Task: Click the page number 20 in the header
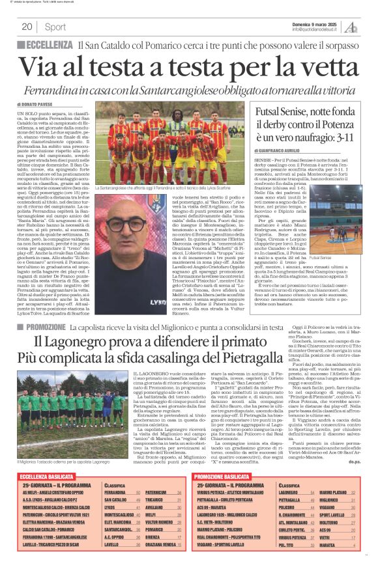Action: (27, 27)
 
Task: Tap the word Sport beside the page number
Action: (55, 27)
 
